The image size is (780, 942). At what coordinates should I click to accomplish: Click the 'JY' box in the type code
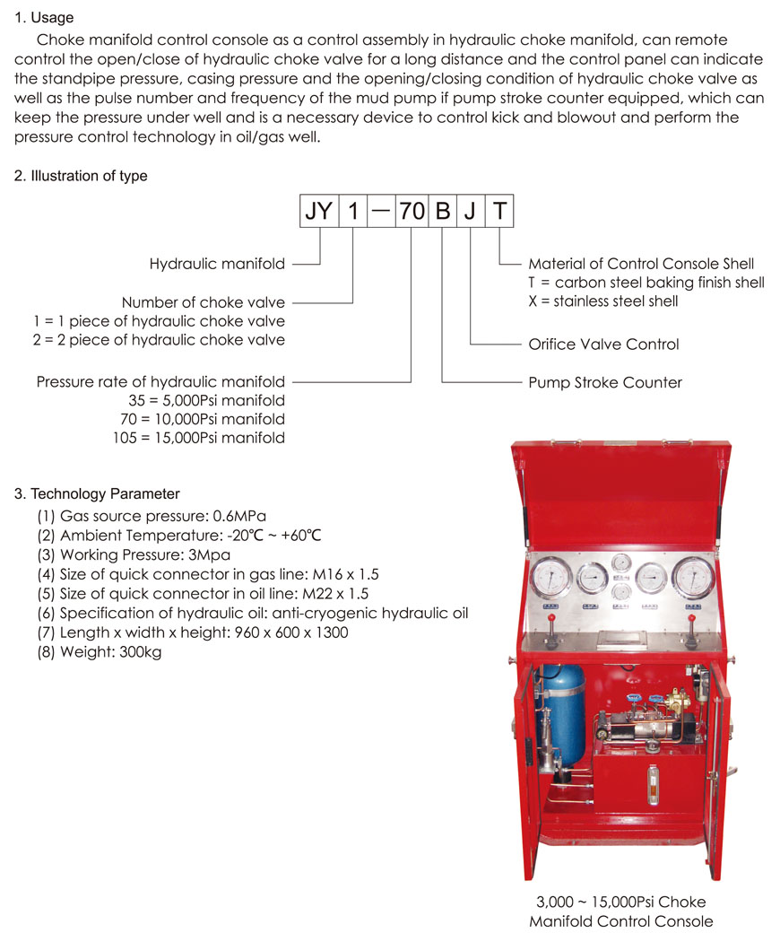coord(318,213)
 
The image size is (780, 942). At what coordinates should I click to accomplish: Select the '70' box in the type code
coord(412,213)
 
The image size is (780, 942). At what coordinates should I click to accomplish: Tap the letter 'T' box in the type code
coord(500,213)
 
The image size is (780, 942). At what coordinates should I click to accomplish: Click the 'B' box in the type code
coord(443,213)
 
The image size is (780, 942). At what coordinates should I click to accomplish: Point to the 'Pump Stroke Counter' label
coord(605,383)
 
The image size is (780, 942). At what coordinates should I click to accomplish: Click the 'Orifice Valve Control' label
coord(603,345)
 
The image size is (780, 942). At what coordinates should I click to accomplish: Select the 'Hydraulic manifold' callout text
coord(217,264)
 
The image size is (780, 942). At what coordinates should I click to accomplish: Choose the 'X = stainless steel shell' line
coord(603,301)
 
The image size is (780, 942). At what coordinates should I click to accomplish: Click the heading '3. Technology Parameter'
coord(97,494)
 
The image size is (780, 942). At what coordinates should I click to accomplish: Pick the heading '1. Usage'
coord(44,18)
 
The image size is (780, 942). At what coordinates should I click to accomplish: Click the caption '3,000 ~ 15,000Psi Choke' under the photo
coord(620,902)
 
